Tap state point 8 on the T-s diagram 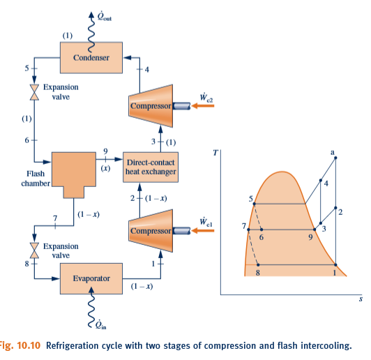click(258, 265)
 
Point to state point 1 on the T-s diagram click(335, 265)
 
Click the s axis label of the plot click(361, 301)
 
